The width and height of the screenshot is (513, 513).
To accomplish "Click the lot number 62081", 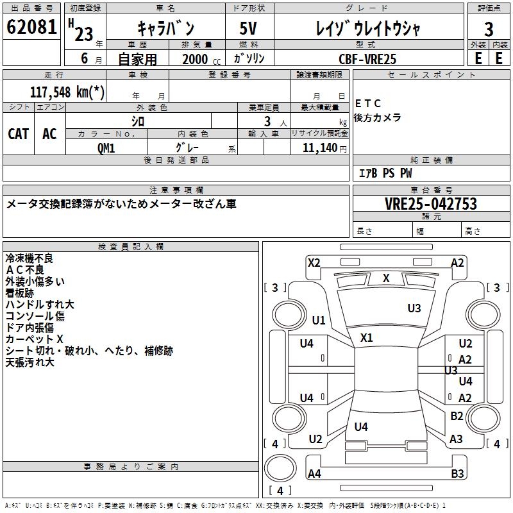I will pos(31,28).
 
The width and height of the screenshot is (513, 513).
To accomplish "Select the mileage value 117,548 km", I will pos(67,92).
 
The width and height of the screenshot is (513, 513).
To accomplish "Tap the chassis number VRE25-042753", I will pos(431,204).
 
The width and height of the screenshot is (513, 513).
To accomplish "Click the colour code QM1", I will pos(106,147).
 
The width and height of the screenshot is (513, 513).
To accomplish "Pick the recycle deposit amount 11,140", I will pos(319,147).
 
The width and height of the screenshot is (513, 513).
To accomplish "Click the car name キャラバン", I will pos(165,28).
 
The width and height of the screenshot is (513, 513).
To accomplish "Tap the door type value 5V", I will pos(248,28).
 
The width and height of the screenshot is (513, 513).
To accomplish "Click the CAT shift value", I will pos(18,133).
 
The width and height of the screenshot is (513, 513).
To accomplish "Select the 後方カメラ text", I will pos(378,117).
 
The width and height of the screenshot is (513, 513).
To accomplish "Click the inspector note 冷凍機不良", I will pos(29,258).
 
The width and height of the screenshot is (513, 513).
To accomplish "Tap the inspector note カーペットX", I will pos(35,339).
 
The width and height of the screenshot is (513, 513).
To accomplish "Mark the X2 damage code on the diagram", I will pos(314,262).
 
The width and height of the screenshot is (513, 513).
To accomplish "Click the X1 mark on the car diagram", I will pos(367,338).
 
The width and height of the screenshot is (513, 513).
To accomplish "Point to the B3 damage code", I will pos(457,474).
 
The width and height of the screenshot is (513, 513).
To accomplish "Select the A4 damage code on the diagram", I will pos(314,474).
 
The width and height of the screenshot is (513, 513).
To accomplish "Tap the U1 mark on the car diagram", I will pos(319,320).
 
